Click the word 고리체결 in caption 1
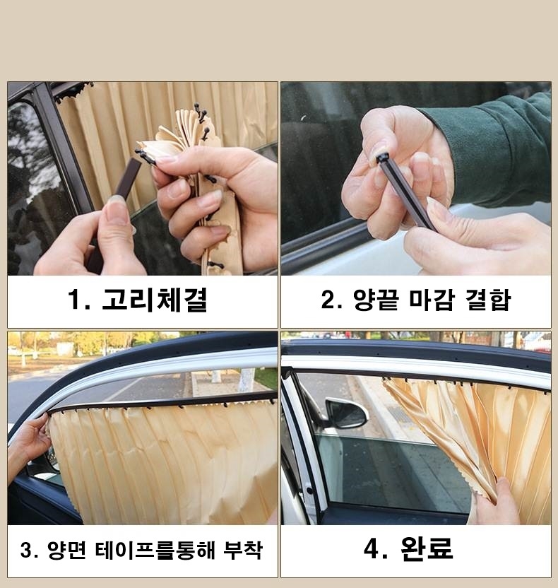point(155,300)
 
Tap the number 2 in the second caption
point(328,300)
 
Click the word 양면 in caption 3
point(66,550)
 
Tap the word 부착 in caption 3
point(243,550)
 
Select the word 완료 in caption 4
point(427,548)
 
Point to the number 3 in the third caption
point(26,551)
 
